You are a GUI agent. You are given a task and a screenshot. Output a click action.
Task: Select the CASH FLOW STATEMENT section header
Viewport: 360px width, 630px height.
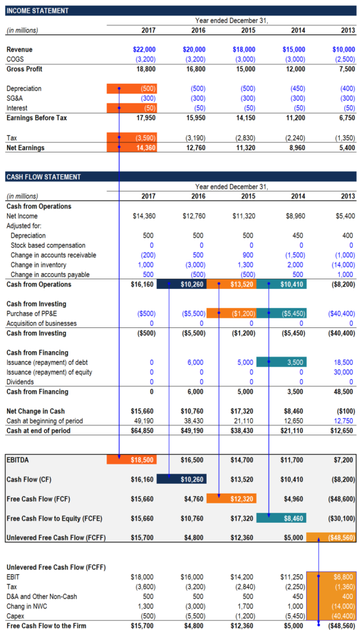[x=43, y=177]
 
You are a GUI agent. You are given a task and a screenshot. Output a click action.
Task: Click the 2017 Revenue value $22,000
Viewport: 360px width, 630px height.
[x=144, y=49]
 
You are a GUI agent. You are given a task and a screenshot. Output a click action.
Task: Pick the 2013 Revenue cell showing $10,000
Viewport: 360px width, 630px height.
[x=343, y=49]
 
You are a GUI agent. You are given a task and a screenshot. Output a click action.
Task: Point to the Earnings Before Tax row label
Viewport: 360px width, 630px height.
[x=36, y=118]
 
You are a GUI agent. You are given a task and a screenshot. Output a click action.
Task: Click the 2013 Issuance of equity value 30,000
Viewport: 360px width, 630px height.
[x=342, y=372]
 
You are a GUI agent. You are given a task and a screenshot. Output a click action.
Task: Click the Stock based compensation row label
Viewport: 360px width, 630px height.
[x=47, y=246]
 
